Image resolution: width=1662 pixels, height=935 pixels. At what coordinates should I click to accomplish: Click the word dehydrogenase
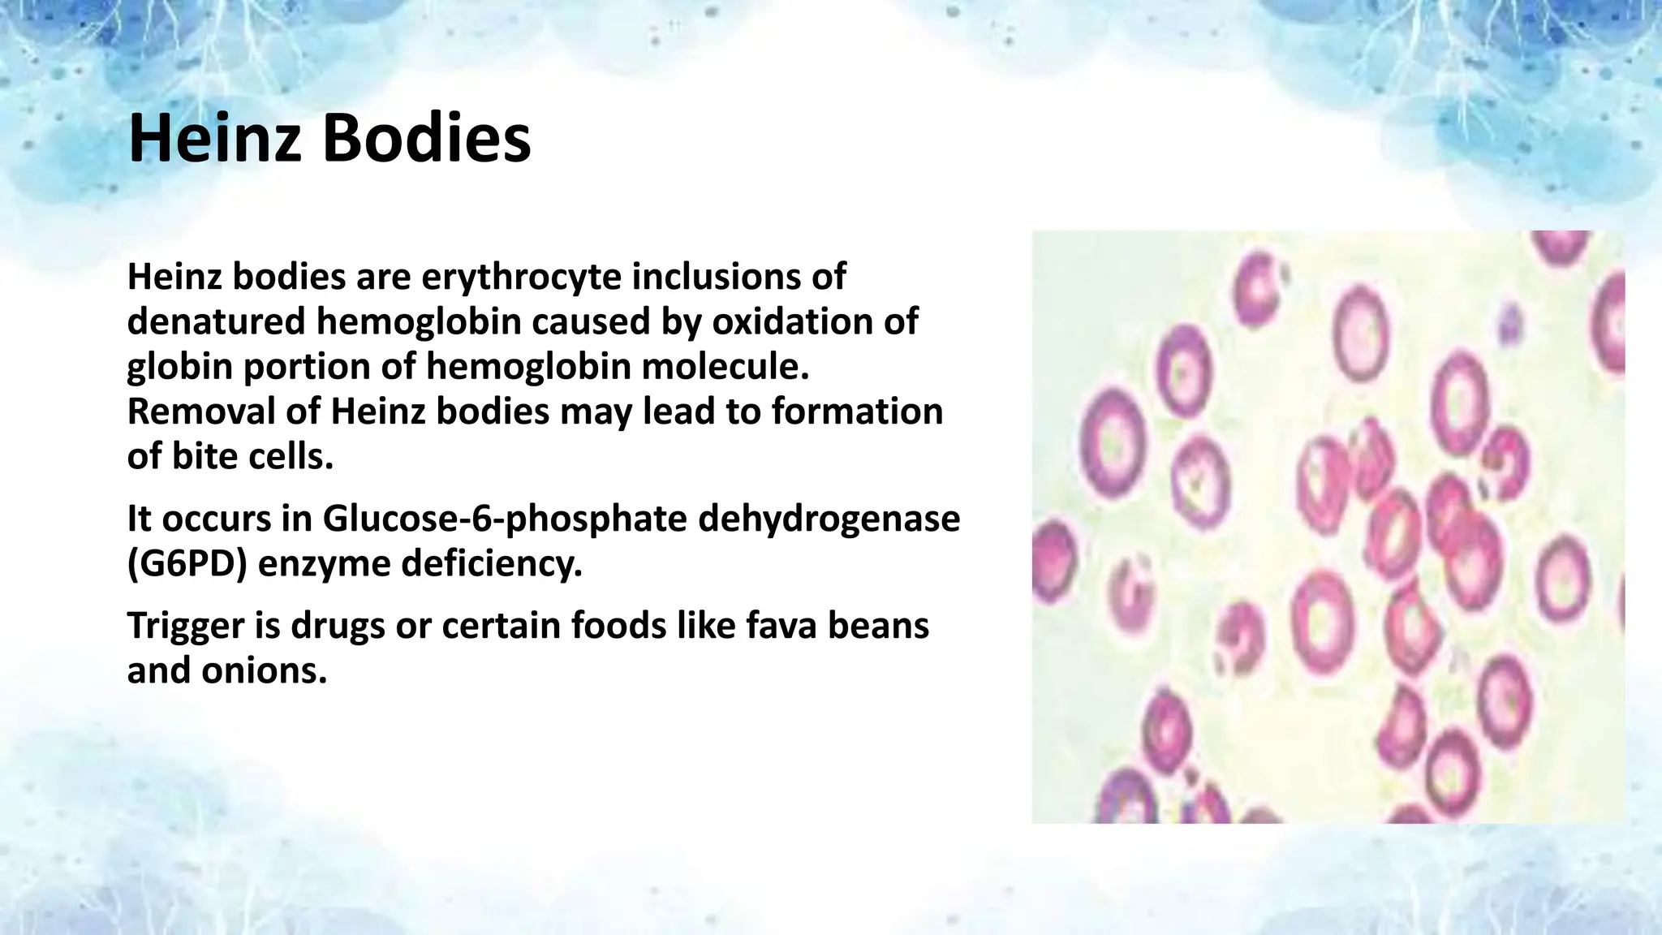pos(829,519)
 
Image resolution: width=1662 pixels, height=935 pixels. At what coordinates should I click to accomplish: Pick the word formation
pos(857,411)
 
